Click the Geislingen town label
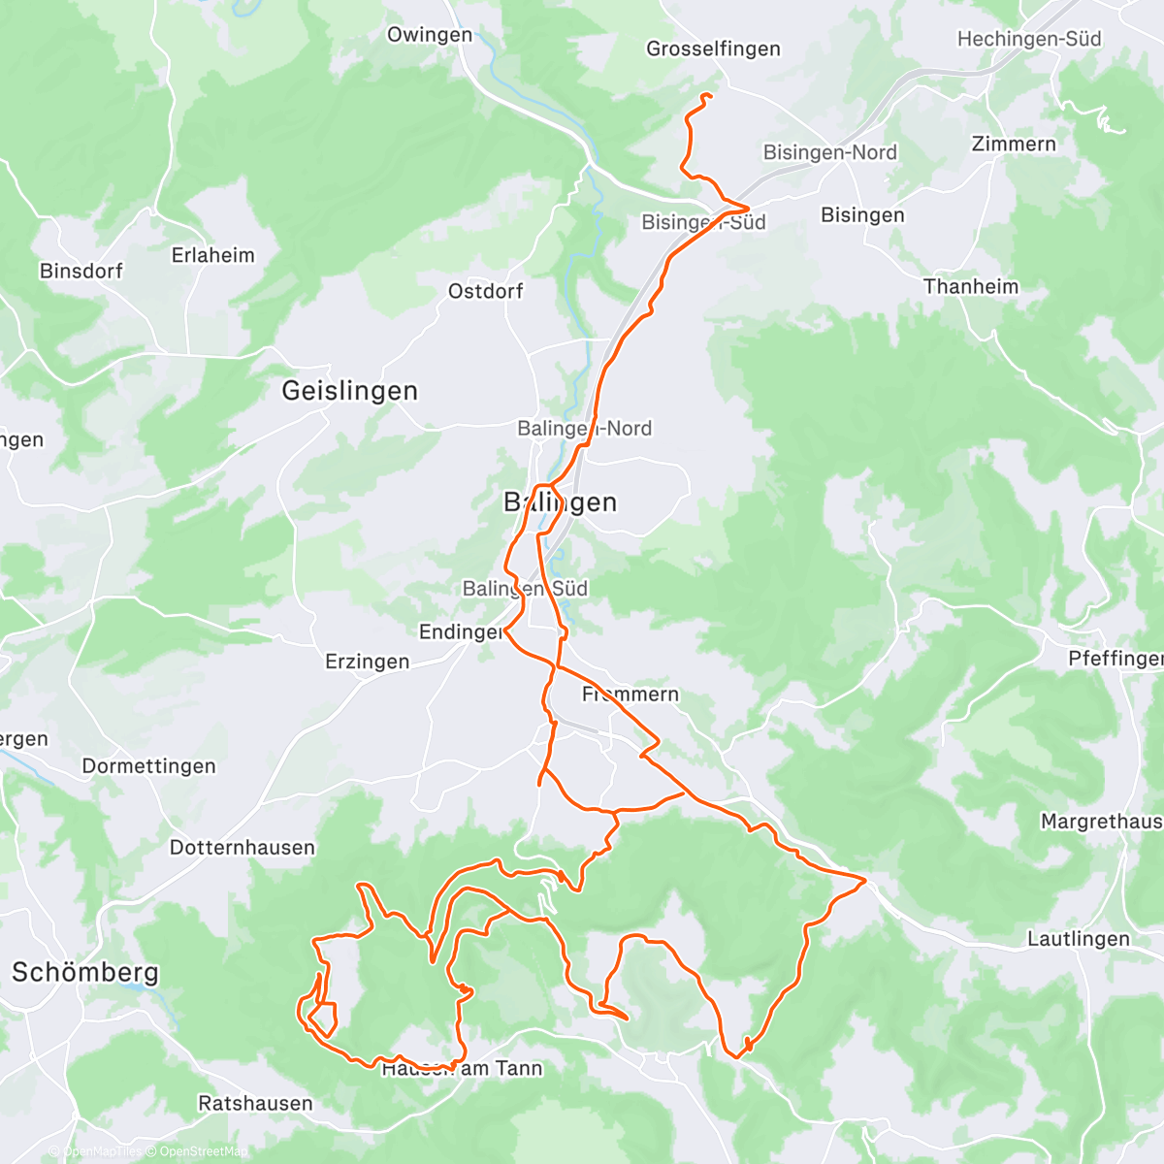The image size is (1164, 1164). tap(349, 391)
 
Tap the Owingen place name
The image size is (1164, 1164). tap(430, 35)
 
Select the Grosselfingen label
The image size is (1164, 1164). tap(713, 48)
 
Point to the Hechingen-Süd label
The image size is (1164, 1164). tap(1029, 39)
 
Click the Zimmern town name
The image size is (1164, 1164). tap(1014, 144)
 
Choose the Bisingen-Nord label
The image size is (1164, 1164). tap(829, 152)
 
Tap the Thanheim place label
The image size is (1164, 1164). tap(971, 286)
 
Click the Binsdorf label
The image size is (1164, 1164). tap(81, 271)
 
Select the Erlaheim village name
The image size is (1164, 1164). tap(212, 255)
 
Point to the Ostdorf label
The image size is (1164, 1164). tap(485, 291)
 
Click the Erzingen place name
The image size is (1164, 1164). tap(367, 662)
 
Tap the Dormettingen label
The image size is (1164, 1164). tap(148, 766)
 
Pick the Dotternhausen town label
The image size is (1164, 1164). tap(242, 848)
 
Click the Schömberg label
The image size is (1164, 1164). tap(84, 972)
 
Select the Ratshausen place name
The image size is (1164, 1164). tap(255, 1103)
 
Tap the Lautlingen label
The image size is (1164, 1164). tap(1078, 939)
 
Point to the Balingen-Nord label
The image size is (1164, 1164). tap(584, 428)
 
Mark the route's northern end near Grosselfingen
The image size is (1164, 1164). tap(711, 95)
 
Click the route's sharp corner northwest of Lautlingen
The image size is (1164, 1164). tap(864, 880)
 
